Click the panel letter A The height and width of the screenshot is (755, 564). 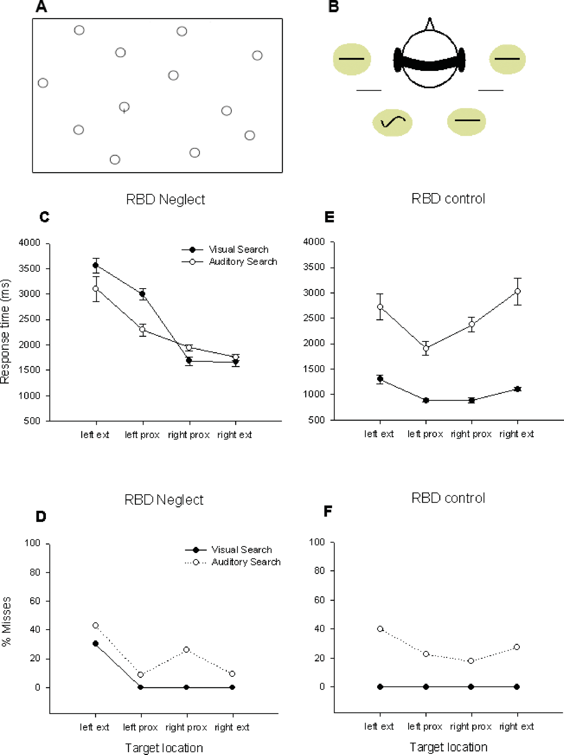click(41, 7)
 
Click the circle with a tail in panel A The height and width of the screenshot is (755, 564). click(124, 107)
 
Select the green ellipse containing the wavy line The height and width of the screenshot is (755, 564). click(393, 122)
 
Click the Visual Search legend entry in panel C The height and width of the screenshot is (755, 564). click(238, 250)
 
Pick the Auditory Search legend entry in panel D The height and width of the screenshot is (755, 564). click(246, 562)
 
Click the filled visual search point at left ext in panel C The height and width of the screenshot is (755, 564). click(96, 265)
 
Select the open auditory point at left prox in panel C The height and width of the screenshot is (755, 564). click(142, 329)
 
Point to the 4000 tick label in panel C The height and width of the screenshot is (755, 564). click(30, 243)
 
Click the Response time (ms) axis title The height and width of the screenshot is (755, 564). click(5, 331)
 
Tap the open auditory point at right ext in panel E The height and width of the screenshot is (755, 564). click(518, 291)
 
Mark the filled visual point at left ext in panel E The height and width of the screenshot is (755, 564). click(380, 379)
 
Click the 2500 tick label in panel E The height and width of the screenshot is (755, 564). click(314, 318)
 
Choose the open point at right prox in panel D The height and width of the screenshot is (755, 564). click(186, 649)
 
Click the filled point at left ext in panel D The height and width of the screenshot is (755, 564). click(96, 643)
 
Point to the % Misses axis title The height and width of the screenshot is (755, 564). click(6, 621)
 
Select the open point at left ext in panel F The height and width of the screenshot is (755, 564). click(380, 628)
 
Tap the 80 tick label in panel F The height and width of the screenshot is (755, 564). click(320, 571)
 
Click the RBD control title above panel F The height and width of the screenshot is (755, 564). click(448, 498)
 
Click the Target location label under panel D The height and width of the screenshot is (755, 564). click(164, 748)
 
